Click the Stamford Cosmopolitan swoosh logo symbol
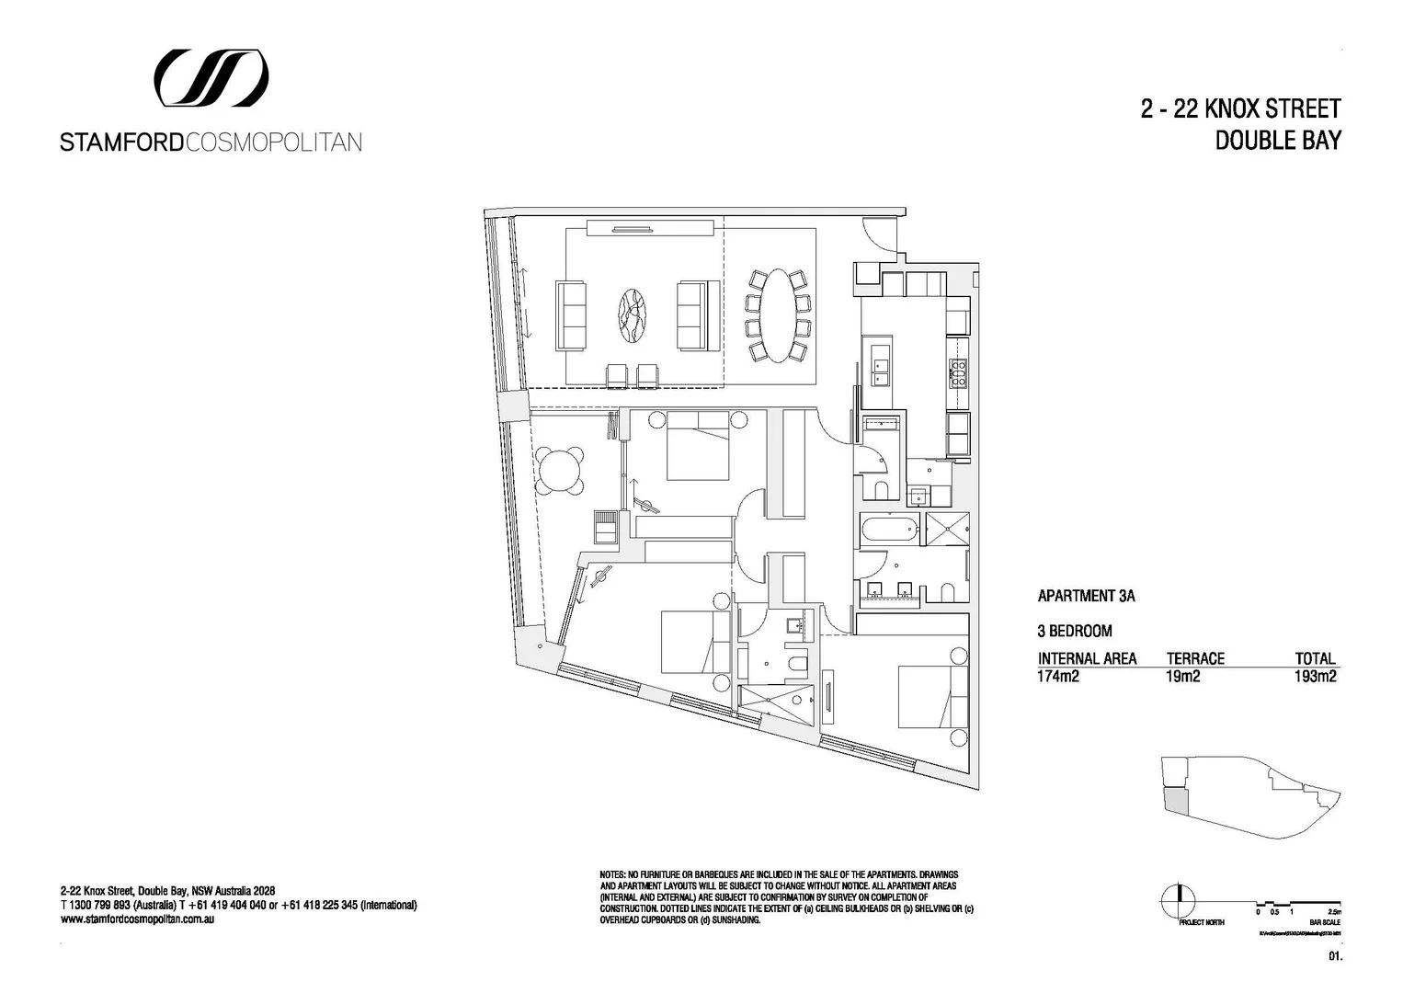pos(211,77)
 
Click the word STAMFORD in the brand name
pos(121,143)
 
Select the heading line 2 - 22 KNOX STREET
pos(1240,109)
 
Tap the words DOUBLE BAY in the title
pos(1278,141)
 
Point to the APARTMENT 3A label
pos(1086,596)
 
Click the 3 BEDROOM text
pos(1075,631)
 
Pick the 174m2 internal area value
pos(1057,678)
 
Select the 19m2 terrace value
pos(1183,678)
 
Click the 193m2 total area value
pos(1315,678)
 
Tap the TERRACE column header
pos(1195,658)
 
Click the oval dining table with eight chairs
pos(778,315)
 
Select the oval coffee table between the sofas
pos(630,315)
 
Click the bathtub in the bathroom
pos(889,529)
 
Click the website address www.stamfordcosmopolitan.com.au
pos(137,919)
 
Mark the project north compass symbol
pos(1178,900)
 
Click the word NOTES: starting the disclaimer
pos(612,873)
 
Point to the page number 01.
pos(1336,957)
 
